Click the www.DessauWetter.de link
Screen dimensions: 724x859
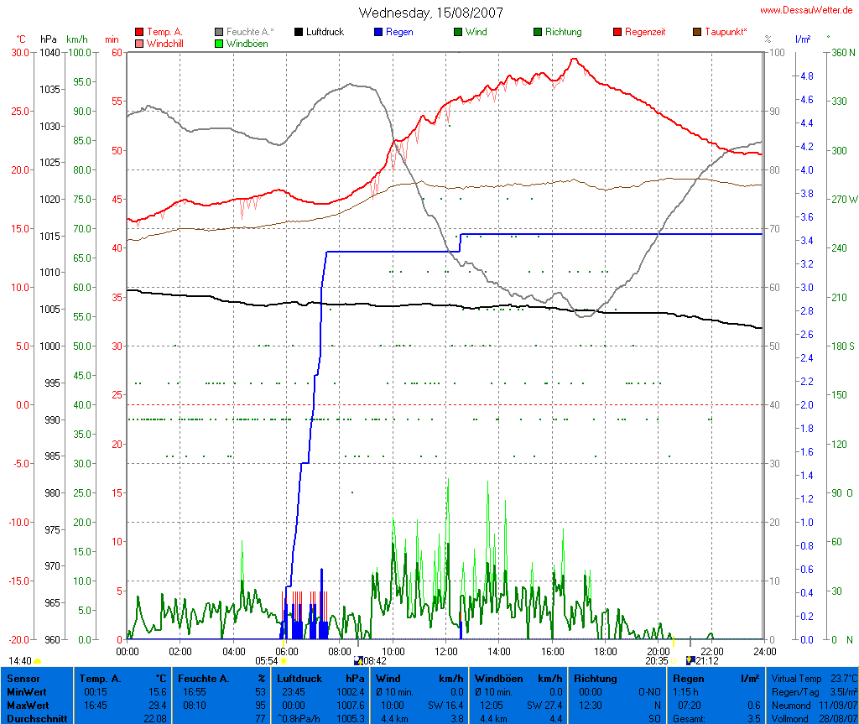(808, 10)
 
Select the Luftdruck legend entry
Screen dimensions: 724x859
(325, 32)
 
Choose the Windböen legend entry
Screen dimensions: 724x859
(247, 44)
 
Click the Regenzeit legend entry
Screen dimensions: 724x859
(645, 32)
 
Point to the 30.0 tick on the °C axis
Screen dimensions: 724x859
(18, 52)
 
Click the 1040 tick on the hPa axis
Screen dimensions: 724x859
(49, 52)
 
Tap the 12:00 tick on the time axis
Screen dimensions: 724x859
(445, 651)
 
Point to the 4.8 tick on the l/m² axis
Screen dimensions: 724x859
(806, 76)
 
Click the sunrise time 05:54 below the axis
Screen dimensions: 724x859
(266, 660)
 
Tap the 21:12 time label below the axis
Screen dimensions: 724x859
(706, 660)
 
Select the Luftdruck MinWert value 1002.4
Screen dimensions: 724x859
(350, 692)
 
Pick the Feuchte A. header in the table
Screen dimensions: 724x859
(203, 679)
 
